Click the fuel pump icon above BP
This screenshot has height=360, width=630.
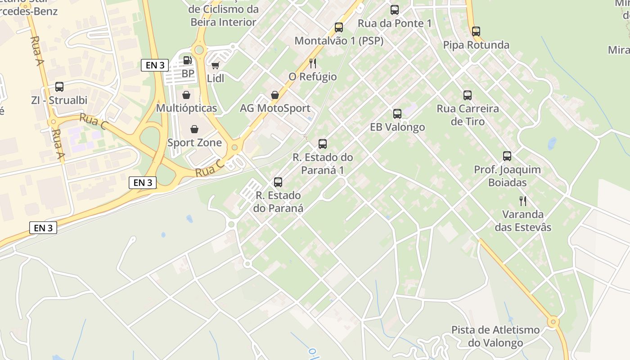pyautogui.click(x=187, y=60)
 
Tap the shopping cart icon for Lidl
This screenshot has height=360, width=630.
pyautogui.click(x=216, y=65)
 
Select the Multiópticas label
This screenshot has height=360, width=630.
pyautogui.click(x=186, y=108)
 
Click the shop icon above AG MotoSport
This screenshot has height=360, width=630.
pyautogui.click(x=274, y=95)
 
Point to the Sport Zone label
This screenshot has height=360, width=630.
pyautogui.click(x=194, y=143)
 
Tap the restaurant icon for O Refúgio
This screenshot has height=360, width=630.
pyautogui.click(x=313, y=63)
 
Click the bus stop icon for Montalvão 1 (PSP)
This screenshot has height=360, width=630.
pyautogui.click(x=339, y=27)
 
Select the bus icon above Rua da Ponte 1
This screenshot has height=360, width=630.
pyautogui.click(x=395, y=9)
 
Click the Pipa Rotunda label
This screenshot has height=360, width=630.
pyautogui.click(x=476, y=45)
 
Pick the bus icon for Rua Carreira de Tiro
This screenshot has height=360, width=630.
pyautogui.click(x=468, y=95)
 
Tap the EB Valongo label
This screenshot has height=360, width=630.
pyautogui.click(x=397, y=127)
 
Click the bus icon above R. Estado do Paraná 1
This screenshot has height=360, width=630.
pyautogui.click(x=323, y=144)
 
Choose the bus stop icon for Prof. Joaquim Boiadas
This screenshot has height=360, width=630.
pyautogui.click(x=507, y=156)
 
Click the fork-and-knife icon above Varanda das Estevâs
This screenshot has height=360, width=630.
pyautogui.click(x=522, y=201)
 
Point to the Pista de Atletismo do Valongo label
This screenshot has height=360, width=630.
pyautogui.click(x=495, y=336)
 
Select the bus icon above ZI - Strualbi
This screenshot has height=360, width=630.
pyautogui.click(x=59, y=87)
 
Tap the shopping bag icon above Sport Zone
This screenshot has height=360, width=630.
pyautogui.click(x=194, y=130)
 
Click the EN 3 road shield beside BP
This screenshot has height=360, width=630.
pyautogui.click(x=155, y=65)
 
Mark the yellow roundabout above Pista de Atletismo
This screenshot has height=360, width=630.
pyautogui.click(x=553, y=322)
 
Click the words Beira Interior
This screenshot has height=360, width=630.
pyautogui.click(x=223, y=22)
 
